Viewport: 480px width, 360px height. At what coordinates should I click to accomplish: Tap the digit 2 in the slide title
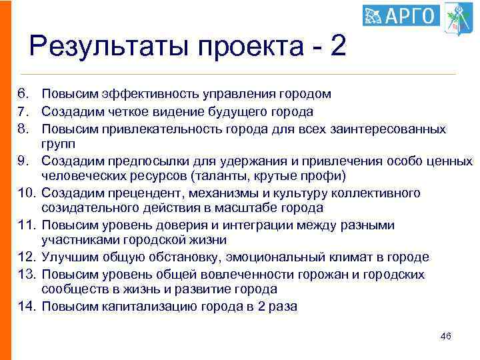pos(339,47)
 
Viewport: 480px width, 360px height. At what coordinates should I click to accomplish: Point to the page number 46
pos(446,336)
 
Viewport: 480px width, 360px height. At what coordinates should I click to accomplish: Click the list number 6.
pos(21,95)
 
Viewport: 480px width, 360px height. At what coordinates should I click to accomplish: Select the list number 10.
pos(25,193)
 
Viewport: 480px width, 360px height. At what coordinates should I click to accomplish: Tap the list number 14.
pos(25,306)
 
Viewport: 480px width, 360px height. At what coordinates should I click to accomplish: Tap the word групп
pos(58,144)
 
